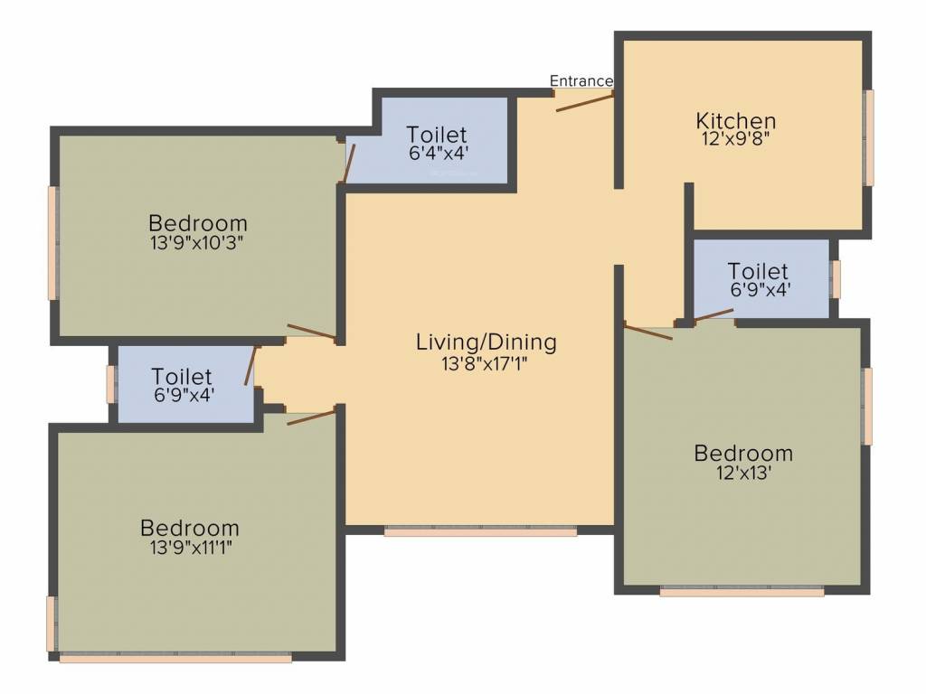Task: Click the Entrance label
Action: (581, 80)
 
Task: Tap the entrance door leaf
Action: (585, 102)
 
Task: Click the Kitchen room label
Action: (736, 121)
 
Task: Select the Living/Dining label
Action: (486, 342)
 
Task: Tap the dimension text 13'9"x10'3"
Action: (197, 243)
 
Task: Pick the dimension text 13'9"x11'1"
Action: (191, 548)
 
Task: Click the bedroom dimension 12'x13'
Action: (743, 474)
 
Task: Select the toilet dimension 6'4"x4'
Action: (439, 154)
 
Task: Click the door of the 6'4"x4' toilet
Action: (349, 164)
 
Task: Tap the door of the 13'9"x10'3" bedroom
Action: (312, 332)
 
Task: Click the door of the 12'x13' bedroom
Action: (647, 332)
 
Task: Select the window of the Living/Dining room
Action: (480, 531)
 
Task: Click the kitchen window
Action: (868, 138)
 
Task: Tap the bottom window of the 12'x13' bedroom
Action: (742, 592)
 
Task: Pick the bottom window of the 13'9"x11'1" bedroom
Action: (175, 658)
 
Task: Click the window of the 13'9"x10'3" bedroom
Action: (53, 243)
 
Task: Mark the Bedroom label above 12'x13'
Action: (743, 454)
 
